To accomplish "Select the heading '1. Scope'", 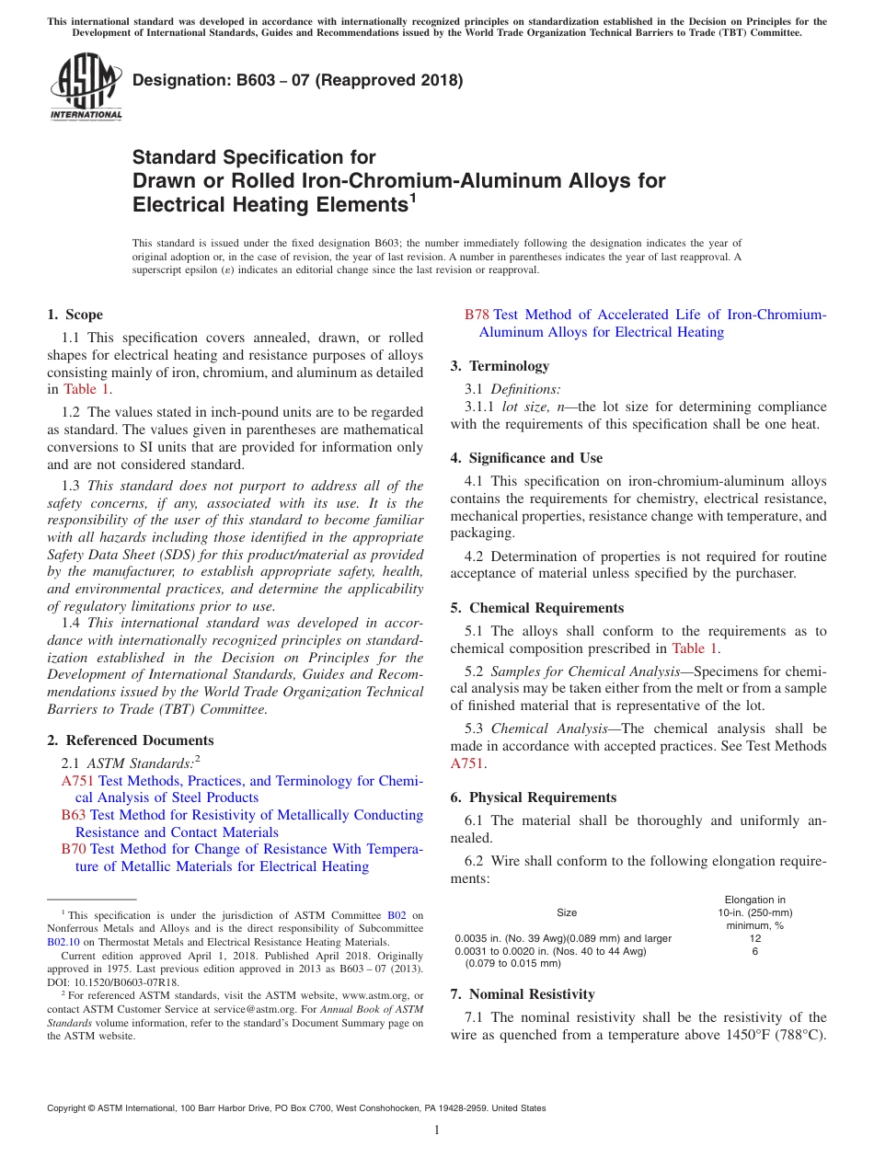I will [75, 315].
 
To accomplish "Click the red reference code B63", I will [74, 815].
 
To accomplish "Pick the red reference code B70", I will [74, 849].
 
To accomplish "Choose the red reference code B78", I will [477, 315].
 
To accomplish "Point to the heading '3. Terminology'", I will [500, 366].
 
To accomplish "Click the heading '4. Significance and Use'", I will [526, 458].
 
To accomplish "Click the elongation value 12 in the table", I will [754, 938].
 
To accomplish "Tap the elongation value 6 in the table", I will [754, 951].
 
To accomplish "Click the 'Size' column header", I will [567, 912].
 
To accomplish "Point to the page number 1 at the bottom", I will [437, 1130].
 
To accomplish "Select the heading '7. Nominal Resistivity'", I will [523, 994].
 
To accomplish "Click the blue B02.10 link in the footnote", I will [63, 942].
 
